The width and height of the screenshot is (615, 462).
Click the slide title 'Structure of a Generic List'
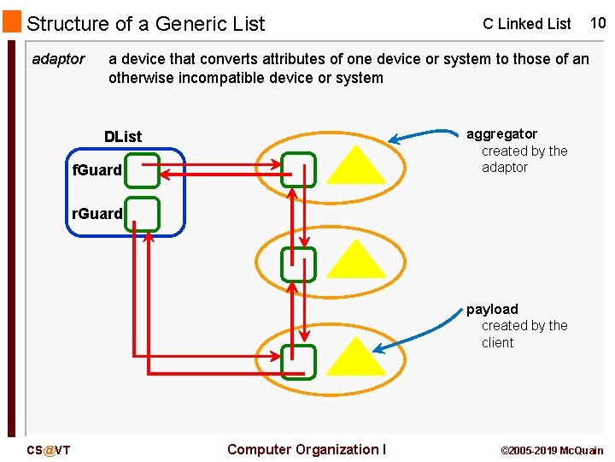pyautogui.click(x=146, y=24)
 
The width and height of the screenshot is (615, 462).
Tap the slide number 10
pyautogui.click(x=597, y=23)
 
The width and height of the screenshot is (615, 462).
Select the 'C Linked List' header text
pyautogui.click(x=526, y=24)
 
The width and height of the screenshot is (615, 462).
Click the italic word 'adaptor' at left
pyautogui.click(x=58, y=59)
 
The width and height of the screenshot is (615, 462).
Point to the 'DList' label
pyautogui.click(x=123, y=137)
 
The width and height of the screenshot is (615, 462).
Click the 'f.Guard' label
pyautogui.click(x=97, y=170)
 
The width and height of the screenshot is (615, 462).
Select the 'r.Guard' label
pyautogui.click(x=97, y=213)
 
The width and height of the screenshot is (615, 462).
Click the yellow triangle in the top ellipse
pyautogui.click(x=356, y=169)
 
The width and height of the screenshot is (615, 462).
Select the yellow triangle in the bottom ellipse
pyautogui.click(x=356, y=360)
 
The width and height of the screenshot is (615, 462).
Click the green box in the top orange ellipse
pyautogui.click(x=299, y=169)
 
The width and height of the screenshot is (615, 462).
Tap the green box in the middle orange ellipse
pyautogui.click(x=299, y=264)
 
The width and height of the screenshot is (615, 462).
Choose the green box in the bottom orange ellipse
pyautogui.click(x=299, y=362)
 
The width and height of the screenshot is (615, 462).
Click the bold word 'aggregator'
pyautogui.click(x=501, y=134)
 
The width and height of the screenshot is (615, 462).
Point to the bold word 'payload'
pyautogui.click(x=492, y=309)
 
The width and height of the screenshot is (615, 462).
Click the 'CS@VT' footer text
pyautogui.click(x=49, y=450)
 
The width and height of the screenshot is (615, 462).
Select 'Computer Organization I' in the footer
pyautogui.click(x=307, y=449)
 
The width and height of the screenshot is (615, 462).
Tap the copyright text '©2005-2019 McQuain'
pyautogui.click(x=551, y=450)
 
